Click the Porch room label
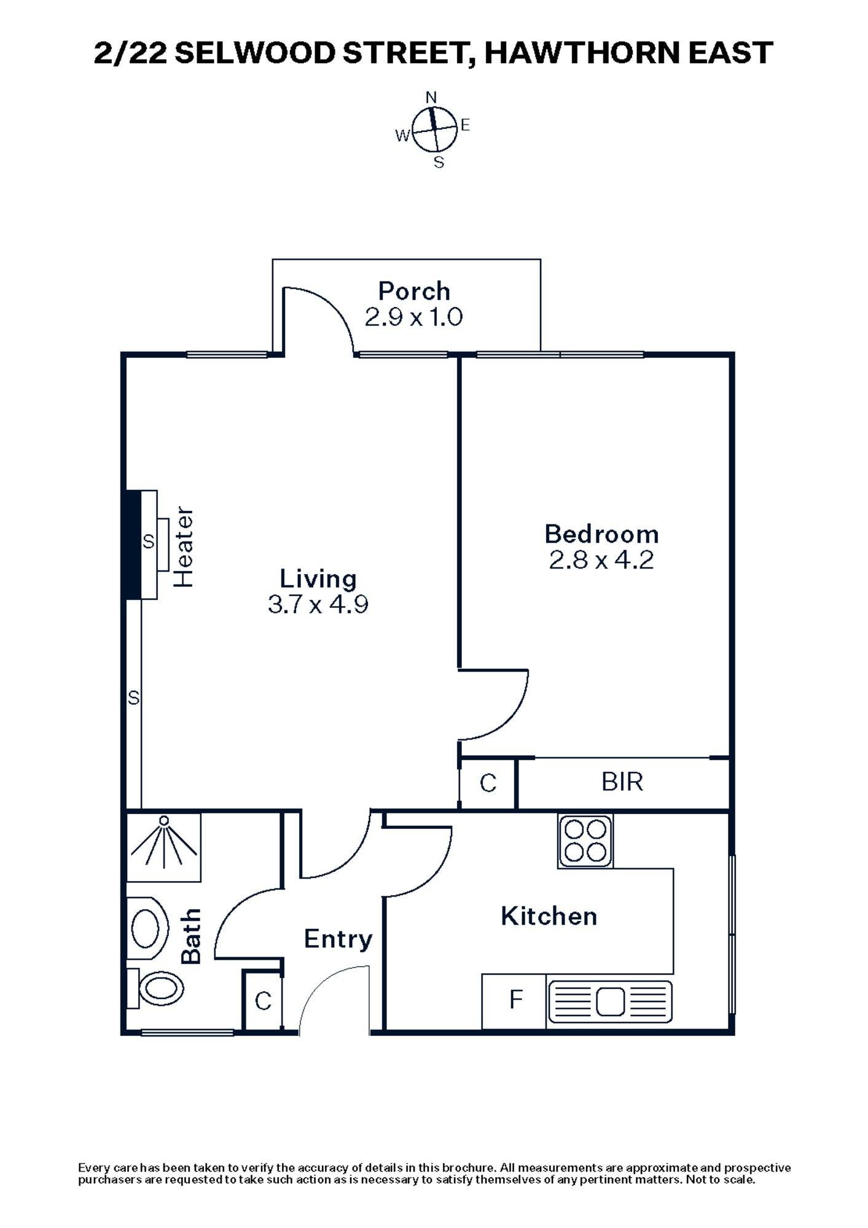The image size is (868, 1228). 414,290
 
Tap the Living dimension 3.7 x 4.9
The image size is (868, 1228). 318,605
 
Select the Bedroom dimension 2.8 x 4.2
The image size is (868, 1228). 601,560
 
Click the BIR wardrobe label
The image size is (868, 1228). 622,782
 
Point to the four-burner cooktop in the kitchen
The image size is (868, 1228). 585,841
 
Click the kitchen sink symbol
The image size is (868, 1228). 609,1001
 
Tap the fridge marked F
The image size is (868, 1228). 515,1000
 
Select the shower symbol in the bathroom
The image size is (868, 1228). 164,839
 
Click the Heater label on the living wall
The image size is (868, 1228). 184,547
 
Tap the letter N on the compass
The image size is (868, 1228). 431,97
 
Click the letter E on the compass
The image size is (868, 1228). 465,125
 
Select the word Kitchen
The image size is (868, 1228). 549,916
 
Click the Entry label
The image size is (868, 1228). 338,939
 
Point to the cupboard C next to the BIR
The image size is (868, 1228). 488,783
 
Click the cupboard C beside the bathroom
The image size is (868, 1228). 263,1001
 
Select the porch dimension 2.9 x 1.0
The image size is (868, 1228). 414,317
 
